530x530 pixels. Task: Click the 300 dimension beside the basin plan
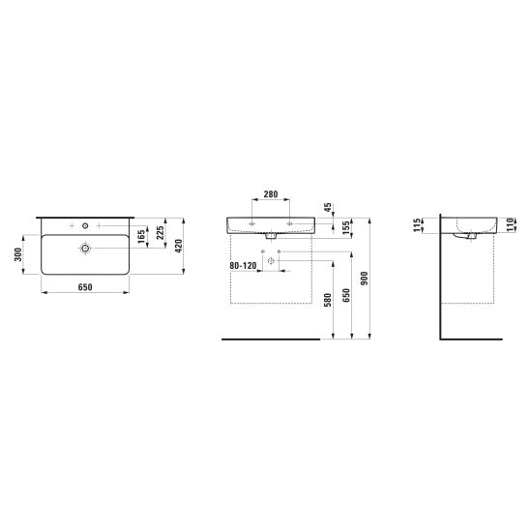18,254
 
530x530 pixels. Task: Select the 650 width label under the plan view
85,287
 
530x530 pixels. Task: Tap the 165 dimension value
141,236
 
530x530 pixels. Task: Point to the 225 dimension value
161,233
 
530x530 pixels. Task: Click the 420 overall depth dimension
179,246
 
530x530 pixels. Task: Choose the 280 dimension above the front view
271,194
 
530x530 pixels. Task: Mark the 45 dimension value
328,208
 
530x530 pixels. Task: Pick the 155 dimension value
346,228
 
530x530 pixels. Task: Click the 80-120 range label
243,266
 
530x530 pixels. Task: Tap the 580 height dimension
328,300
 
